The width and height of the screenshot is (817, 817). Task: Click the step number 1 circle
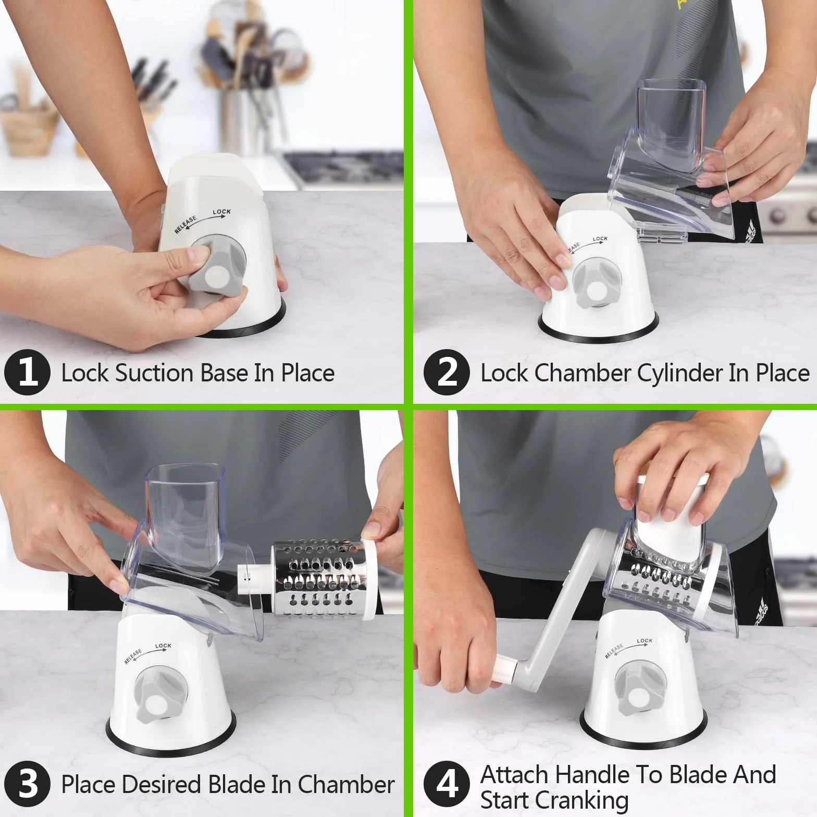(27, 373)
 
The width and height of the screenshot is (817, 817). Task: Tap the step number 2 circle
(447, 373)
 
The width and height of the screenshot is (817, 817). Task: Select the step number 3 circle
(27, 784)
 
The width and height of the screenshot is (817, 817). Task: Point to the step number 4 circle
(447, 784)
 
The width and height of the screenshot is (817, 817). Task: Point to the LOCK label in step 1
(221, 212)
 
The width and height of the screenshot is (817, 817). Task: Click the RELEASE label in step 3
(133, 657)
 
